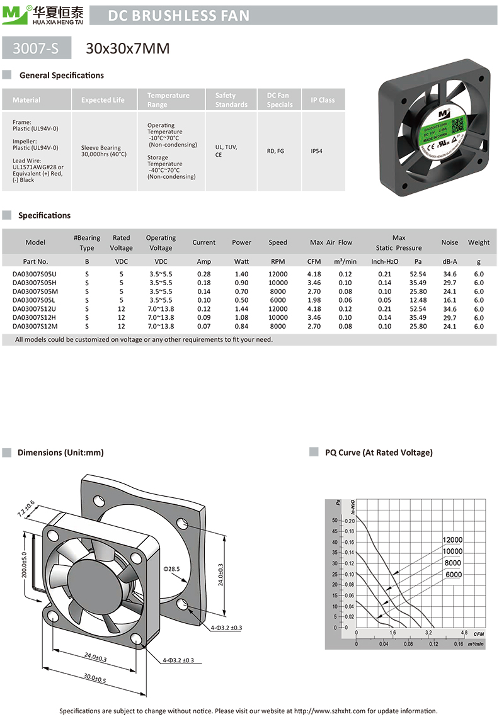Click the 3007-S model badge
[36, 48]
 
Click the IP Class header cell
[323, 100]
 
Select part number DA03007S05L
[35, 300]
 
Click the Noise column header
[450, 242]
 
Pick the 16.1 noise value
[450, 300]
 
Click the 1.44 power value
[241, 309]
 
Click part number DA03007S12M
[35, 326]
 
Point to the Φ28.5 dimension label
[172, 569]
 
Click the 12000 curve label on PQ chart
[452, 540]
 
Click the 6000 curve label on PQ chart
[452, 574]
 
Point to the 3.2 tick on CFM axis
[428, 632]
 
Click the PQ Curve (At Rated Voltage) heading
[379, 453]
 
